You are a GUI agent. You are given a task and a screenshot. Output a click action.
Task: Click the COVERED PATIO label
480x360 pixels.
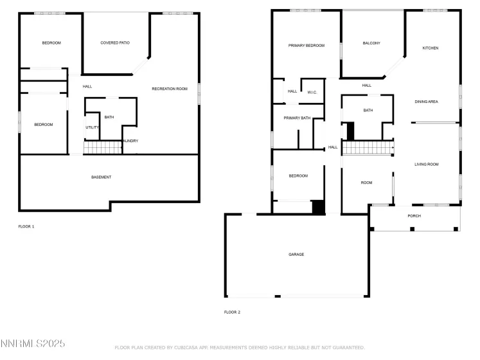pos(115,42)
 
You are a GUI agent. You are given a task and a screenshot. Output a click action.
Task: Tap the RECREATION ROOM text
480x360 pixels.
pos(169,88)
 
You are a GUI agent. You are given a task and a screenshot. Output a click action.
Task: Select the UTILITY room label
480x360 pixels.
pos(92,127)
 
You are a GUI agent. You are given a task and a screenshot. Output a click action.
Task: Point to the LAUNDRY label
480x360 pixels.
pos(130,141)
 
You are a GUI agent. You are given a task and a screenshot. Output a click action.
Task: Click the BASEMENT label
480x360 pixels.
pos(101,177)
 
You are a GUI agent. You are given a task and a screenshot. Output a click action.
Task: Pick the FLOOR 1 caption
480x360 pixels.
pos(26,226)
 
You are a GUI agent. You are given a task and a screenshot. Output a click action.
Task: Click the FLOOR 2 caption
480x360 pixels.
pos(232,312)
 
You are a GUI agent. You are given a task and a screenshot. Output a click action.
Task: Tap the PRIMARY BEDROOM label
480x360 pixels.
pos(306,46)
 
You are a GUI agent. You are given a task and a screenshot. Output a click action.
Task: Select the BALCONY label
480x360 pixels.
pos(371,43)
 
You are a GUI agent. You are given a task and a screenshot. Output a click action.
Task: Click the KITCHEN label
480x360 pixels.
pos(430,48)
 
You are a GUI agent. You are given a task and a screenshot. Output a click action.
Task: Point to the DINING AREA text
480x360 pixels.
pos(426,102)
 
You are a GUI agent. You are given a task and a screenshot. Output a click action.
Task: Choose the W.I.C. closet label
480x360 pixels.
pos(312,92)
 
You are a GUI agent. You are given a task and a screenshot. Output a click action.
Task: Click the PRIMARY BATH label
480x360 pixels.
pos(297,118)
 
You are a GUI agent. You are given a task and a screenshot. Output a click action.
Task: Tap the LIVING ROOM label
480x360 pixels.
pos(425,164)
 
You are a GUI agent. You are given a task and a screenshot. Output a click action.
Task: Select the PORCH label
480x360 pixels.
pos(414,215)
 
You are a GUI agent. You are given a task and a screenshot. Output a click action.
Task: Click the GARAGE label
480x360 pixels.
pos(296,254)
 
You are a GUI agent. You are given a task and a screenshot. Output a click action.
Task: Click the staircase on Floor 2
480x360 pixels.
pos(368,148)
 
